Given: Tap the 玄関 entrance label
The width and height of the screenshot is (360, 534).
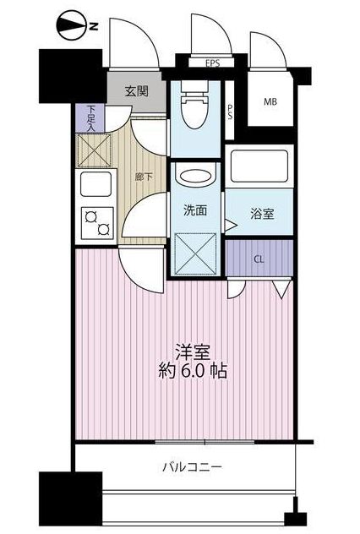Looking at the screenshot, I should pyautogui.click(x=138, y=92).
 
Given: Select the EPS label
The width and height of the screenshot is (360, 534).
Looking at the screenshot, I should pyautogui.click(x=212, y=63).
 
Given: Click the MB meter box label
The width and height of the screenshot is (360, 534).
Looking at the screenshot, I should pyautogui.click(x=270, y=102).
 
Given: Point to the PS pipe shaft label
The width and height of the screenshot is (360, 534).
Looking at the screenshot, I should pyautogui.click(x=231, y=112).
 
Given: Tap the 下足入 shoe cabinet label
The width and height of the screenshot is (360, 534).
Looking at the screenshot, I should pyautogui.click(x=90, y=117).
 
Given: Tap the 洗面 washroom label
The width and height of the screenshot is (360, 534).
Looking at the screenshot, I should pyautogui.click(x=196, y=210).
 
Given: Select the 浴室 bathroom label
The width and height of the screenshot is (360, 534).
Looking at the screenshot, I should pyautogui.click(x=261, y=215).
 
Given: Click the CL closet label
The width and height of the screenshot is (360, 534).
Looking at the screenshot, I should pyautogui.click(x=259, y=259).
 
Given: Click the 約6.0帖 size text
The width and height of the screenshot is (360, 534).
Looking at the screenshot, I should pyautogui.click(x=194, y=370).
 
